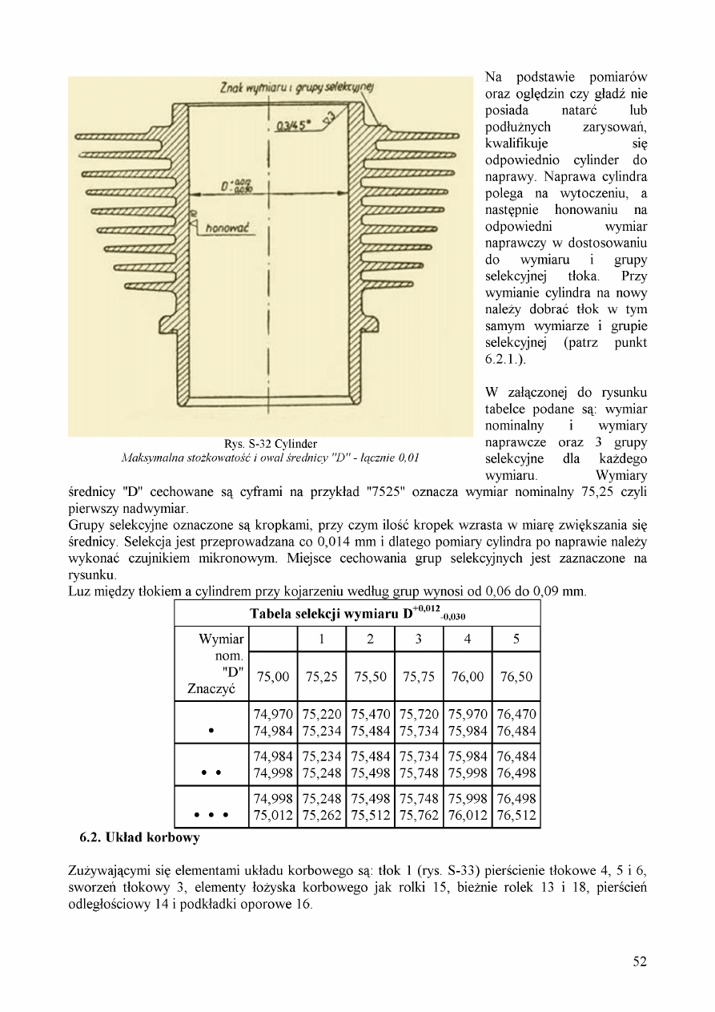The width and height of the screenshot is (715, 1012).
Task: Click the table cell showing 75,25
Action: click(321, 676)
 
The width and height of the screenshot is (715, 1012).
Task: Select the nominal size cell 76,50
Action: click(516, 676)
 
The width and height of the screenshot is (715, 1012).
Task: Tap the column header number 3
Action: click(418, 639)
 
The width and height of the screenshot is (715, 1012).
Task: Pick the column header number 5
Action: click(516, 639)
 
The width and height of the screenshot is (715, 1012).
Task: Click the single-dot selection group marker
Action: click(211, 731)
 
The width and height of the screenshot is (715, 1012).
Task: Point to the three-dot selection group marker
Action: click(211, 816)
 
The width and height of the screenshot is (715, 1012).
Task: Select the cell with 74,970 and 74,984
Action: click(272, 722)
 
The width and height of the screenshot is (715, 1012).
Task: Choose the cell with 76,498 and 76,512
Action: click(516, 807)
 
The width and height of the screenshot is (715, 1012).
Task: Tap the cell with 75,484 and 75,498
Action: click(370, 764)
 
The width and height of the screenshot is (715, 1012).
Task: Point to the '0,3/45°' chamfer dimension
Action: click(293, 125)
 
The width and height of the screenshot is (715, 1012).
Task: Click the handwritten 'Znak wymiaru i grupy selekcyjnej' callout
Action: click(290, 87)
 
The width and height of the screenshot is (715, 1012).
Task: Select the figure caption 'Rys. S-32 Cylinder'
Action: click(271, 444)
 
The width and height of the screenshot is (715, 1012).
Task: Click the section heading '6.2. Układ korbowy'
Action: click(139, 838)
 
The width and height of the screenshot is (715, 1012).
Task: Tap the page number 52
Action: click(639, 962)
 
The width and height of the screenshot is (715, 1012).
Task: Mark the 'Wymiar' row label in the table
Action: click(221, 639)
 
